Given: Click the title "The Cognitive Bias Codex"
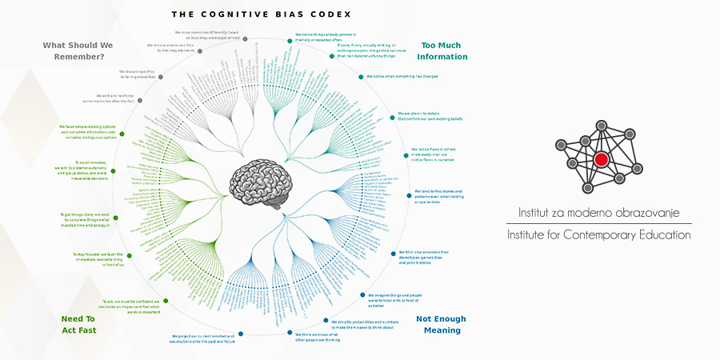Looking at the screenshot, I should pos(262,14).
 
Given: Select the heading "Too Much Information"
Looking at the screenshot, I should pos(444,51).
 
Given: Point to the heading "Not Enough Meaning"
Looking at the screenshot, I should pos(441,324).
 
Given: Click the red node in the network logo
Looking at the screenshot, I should pos(601,159).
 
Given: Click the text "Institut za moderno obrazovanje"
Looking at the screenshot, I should pos(598,213).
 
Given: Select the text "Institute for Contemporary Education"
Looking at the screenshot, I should pos(598,235).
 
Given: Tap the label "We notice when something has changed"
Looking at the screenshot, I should pos(402,77).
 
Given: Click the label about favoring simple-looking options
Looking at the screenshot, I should pos(88,131).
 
